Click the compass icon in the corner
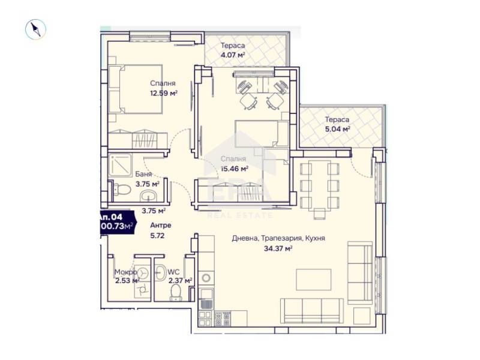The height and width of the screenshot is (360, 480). coord(36,29)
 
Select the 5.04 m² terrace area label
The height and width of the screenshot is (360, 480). coord(337,128)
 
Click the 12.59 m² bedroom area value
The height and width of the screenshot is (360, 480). coord(163,93)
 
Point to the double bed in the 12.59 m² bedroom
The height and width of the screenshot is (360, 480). coord(127,89)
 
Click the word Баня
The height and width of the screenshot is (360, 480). coord(143,174)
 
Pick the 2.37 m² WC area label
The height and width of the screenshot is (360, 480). coord(180,280)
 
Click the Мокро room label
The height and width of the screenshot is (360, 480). coord(125,272)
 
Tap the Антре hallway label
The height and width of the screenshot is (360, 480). coord(160,226)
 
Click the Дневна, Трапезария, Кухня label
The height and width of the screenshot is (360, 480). coord(278,238)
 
